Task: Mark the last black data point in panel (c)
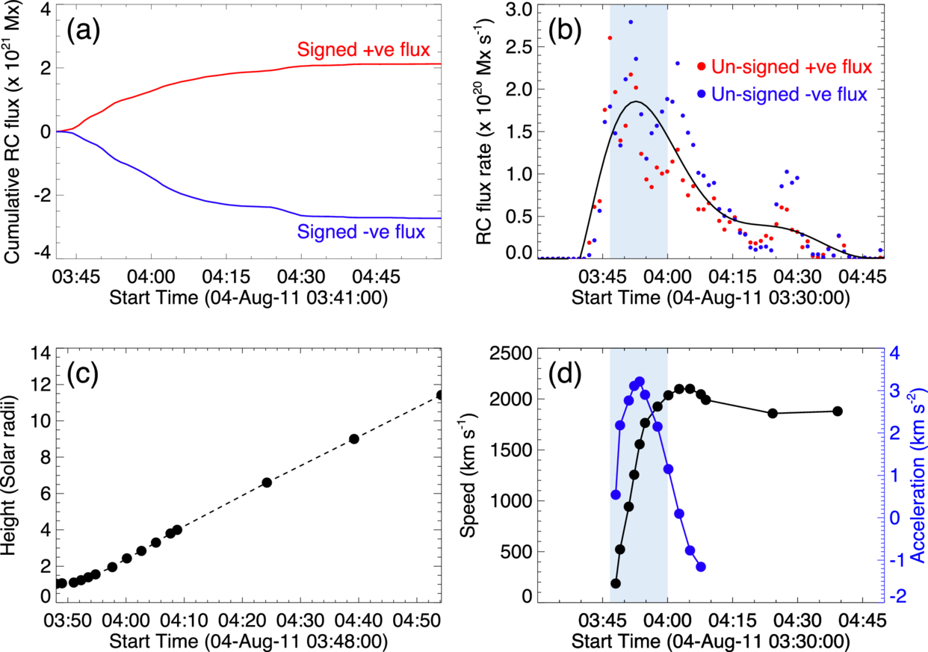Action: click(440, 394)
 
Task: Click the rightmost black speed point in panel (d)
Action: click(838, 411)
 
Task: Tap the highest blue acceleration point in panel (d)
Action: click(640, 382)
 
